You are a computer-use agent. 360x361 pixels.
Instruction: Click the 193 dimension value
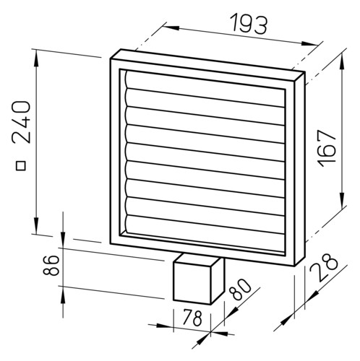point(249,24)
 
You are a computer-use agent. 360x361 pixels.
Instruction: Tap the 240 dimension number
point(22,122)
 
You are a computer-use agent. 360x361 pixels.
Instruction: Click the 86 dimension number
point(51,265)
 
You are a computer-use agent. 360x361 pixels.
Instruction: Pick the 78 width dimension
point(192,318)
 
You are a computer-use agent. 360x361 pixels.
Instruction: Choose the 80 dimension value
point(239,289)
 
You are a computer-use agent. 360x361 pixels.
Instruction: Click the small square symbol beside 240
point(21,166)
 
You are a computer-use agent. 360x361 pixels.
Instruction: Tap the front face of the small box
point(192,283)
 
